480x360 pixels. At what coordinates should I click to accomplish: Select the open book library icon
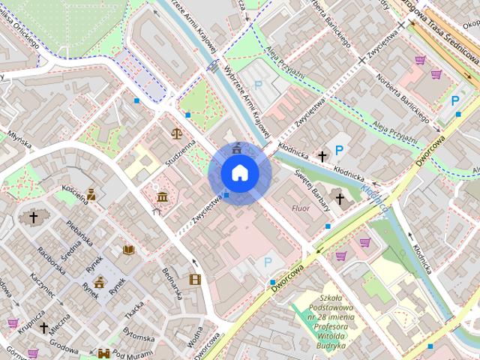pos(128,249)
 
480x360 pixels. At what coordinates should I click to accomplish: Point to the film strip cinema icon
pos(195,280)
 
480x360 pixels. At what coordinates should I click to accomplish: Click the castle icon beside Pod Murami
pos(104,352)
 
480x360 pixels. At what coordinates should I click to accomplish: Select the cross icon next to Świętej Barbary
pos(340,199)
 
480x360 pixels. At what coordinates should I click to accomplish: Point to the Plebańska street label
pos(79,232)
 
